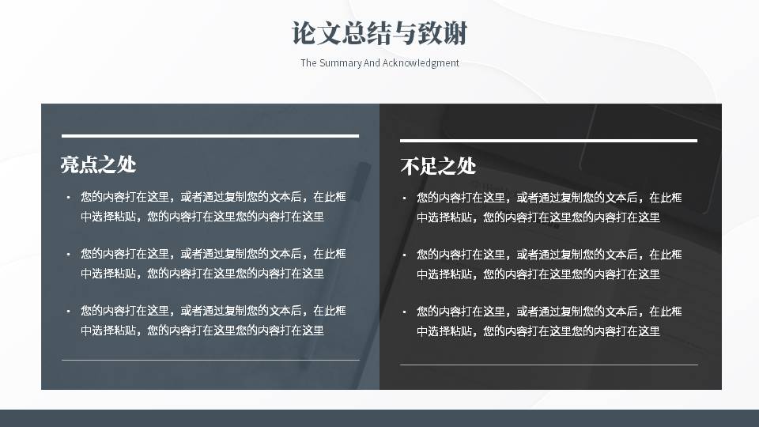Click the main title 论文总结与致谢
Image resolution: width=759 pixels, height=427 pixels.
click(379, 33)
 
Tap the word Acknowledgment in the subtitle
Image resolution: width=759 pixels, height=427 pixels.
click(421, 63)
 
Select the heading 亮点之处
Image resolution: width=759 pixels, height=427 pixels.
click(98, 164)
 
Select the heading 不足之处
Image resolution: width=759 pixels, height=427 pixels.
click(438, 167)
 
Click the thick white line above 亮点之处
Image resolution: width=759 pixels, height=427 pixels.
click(210, 135)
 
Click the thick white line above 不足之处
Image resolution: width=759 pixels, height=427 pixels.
click(549, 141)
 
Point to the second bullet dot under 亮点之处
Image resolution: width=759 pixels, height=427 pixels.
click(69, 255)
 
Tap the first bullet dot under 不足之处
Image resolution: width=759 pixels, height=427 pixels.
click(404, 198)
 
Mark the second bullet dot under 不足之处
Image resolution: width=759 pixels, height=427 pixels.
click(404, 255)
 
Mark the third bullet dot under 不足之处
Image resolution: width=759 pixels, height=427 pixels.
click(404, 312)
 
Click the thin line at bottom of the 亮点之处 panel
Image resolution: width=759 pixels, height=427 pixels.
click(210, 361)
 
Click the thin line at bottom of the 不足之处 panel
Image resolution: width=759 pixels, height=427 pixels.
click(549, 365)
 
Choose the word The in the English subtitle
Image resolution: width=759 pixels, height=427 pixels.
click(308, 63)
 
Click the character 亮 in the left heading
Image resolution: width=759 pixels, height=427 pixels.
click(70, 164)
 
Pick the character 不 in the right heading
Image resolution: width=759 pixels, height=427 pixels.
click(410, 167)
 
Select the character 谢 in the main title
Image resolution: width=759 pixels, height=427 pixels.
click(455, 33)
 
